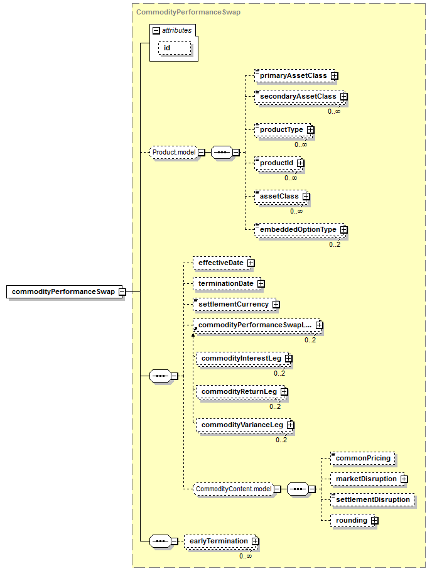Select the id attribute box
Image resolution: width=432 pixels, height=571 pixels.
tap(167, 48)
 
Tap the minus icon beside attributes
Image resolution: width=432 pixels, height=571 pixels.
tap(156, 30)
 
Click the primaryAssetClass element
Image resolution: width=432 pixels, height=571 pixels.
tap(293, 76)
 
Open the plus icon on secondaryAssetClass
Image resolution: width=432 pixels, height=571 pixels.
tap(344, 97)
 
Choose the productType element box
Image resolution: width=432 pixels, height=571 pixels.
tap(281, 129)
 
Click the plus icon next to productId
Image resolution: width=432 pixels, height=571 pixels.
tap(301, 163)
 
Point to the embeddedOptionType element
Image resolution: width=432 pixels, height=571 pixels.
tap(298, 230)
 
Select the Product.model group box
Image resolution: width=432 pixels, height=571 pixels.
tap(173, 152)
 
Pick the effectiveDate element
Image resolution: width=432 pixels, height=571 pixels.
tap(220, 263)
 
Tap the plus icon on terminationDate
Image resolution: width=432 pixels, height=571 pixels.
tap(261, 284)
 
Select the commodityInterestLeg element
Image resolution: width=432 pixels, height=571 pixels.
tap(240, 358)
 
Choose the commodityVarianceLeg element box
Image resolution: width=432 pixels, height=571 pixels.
tap(241, 425)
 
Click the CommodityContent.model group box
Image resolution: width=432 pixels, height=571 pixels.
tap(232, 489)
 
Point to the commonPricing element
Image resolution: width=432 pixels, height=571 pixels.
tap(363, 459)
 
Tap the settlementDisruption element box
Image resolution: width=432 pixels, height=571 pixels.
tap(372, 499)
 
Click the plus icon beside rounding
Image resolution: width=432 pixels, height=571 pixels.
tap(374, 521)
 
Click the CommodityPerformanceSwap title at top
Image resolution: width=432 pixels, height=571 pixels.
tap(188, 11)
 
